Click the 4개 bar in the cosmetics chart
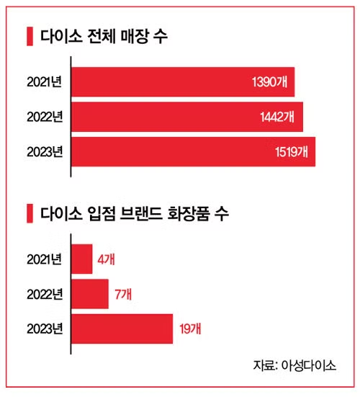[82, 259]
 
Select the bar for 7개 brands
[90, 293]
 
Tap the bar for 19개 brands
[122, 329]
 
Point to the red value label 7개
[123, 294]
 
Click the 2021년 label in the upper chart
[42, 82]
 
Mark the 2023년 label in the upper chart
[42, 152]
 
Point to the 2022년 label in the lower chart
[42, 294]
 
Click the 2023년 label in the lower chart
[42, 329]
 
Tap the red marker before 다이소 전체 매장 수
[29, 36]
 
